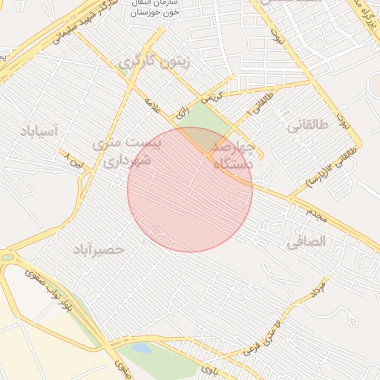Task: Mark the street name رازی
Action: pos(182,114)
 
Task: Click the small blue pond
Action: pos(140,349)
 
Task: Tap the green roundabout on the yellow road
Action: pos(7,257)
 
